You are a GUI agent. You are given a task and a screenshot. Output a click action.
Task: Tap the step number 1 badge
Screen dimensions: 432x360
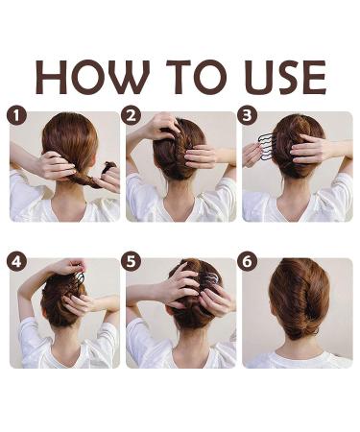point(14,116)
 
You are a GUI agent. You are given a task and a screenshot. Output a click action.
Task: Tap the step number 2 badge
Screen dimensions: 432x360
point(132,116)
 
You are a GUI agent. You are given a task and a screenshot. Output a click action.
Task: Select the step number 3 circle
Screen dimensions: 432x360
point(248,116)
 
